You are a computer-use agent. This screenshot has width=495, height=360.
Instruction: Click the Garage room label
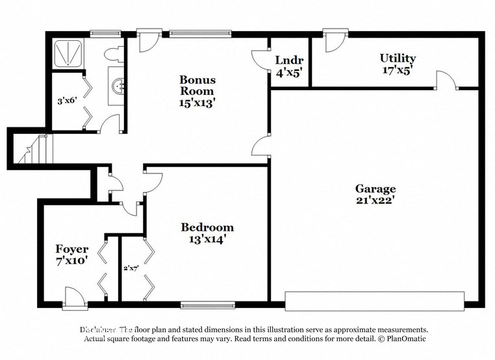pyautogui.click(x=375, y=189)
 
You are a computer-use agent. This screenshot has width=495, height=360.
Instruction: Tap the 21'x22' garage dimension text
pyautogui.click(x=375, y=200)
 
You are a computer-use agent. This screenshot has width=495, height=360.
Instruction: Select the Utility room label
pyautogui.click(x=398, y=58)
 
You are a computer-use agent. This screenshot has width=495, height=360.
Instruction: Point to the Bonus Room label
pyautogui.click(x=197, y=85)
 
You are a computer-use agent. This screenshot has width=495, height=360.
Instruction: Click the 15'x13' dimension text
pyautogui.click(x=197, y=102)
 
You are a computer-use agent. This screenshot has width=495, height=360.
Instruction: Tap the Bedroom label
pyautogui.click(x=207, y=227)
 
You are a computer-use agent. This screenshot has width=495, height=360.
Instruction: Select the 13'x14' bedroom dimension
pyautogui.click(x=207, y=238)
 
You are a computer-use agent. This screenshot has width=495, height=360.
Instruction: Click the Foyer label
pyautogui.click(x=71, y=249)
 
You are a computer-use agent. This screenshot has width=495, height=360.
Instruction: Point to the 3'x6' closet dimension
pyautogui.click(x=67, y=101)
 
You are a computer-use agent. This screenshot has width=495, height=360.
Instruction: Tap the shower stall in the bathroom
pyautogui.click(x=68, y=53)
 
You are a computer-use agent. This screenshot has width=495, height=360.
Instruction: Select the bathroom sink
pyautogui.click(x=118, y=85)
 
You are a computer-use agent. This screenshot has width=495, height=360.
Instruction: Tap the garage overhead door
pyautogui.click(x=375, y=301)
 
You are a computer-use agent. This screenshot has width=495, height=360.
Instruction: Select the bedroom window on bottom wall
pyautogui.click(x=207, y=303)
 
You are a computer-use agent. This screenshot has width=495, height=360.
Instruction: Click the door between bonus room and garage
pyautogui.click(x=261, y=146)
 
